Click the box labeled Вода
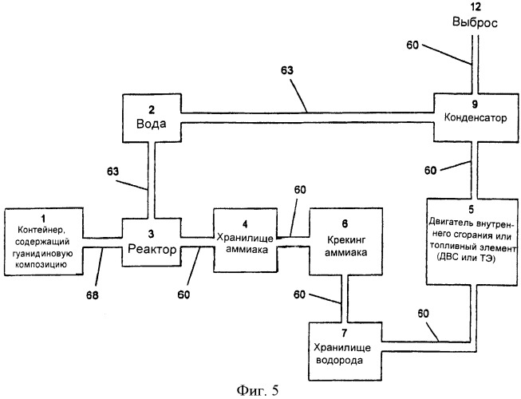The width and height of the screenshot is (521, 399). [x=150, y=120]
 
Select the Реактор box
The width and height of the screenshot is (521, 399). [x=152, y=243]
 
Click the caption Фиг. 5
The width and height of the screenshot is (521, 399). [x=260, y=389]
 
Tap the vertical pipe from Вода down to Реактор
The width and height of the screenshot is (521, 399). [x=151, y=180]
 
